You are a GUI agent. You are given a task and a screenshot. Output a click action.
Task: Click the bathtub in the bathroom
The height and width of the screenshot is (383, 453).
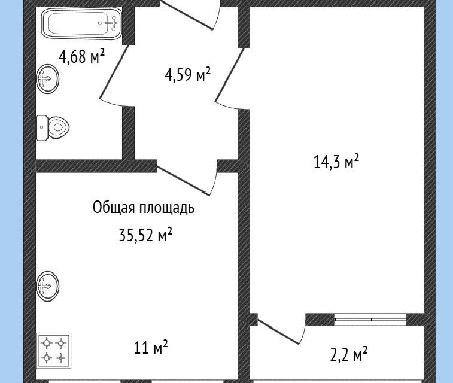pos(81,24)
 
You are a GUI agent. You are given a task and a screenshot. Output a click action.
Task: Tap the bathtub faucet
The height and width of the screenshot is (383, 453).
pos(111,23)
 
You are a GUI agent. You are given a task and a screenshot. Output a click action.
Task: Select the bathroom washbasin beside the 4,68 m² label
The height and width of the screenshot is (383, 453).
pos(48,78)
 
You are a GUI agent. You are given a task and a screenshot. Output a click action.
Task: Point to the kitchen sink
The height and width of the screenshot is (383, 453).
pos(48,285)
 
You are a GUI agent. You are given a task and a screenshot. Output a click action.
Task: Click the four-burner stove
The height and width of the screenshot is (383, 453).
pos(54,350)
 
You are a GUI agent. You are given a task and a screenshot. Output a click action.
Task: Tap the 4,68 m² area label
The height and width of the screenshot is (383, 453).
pos(81,57)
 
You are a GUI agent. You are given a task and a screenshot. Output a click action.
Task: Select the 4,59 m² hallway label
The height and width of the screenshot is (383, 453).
pos(187,75)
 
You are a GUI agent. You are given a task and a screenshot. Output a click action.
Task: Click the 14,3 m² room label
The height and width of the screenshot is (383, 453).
pos(336,162)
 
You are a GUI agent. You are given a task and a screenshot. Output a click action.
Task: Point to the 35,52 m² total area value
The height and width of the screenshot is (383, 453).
pos(145,235)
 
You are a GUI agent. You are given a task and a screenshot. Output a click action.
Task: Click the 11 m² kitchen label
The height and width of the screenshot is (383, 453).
pos(151,346)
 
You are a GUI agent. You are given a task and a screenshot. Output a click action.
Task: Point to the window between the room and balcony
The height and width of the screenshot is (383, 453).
pos(371,318)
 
